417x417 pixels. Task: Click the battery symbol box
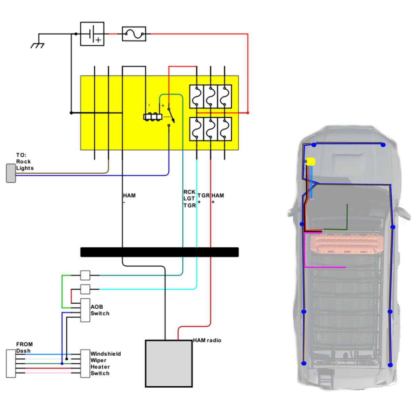point(92,34)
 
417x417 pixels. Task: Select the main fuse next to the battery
point(134,34)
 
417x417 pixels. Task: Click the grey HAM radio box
point(169,363)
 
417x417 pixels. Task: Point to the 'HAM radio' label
point(207,340)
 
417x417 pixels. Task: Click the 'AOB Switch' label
point(100,310)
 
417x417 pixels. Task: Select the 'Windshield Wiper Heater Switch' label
point(106,363)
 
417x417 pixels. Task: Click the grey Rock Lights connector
point(11,173)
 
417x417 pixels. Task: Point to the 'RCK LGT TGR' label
point(189,199)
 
